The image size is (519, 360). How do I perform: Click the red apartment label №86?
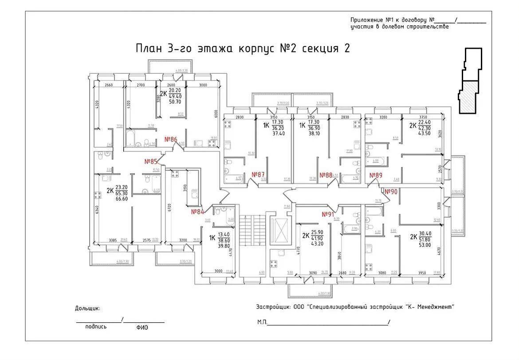(171, 139)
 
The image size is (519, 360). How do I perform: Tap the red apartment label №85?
(151, 161)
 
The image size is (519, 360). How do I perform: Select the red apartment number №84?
(197, 212)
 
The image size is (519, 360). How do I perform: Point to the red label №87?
(258, 174)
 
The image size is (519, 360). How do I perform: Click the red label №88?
(326, 175)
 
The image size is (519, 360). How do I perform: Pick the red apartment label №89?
(376, 175)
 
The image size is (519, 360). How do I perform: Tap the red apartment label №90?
(391, 192)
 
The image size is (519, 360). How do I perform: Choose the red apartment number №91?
(328, 214)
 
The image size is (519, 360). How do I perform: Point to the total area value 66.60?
(122, 199)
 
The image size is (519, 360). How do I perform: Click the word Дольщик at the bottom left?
(88, 308)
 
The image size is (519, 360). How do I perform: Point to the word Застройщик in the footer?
(273, 307)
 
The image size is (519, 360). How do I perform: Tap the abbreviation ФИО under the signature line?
(142, 327)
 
